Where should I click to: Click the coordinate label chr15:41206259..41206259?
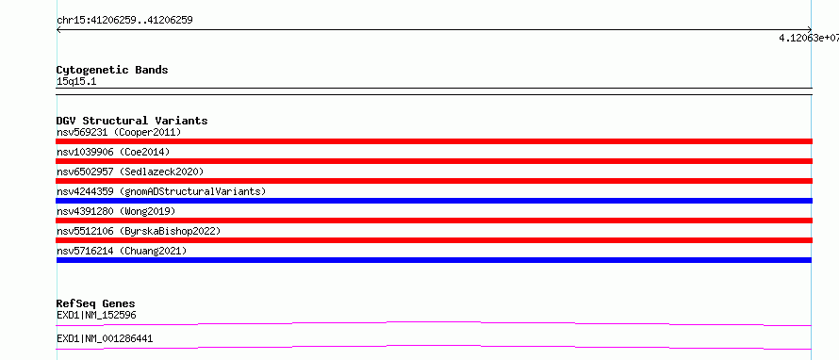tap(124, 21)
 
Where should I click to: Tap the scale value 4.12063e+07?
tap(809, 38)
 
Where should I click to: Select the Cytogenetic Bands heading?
tap(112, 70)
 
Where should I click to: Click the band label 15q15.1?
tap(76, 82)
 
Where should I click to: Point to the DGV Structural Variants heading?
tap(132, 121)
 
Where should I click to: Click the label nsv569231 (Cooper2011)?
tap(119, 132)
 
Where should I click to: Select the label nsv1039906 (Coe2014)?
tap(113, 152)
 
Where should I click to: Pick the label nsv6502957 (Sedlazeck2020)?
tap(130, 172)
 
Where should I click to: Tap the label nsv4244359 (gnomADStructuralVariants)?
tap(161, 191)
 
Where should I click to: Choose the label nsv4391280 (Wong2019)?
tap(116, 211)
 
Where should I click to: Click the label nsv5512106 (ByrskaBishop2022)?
tap(139, 231)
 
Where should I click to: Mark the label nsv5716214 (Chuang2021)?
tap(122, 251)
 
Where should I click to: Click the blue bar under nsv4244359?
tap(434, 201)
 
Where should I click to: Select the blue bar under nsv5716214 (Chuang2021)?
tap(434, 260)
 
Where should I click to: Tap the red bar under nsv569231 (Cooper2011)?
tap(434, 141)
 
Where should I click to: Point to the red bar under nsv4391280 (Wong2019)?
tap(434, 221)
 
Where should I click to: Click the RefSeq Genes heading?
tap(96, 303)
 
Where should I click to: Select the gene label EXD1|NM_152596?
tap(96, 315)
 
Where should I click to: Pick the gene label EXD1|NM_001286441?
tap(105, 338)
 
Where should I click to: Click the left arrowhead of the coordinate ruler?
tap(58, 30)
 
